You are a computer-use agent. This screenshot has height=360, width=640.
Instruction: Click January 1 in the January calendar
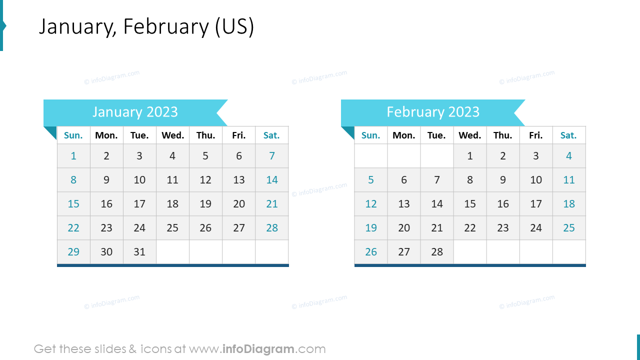73,156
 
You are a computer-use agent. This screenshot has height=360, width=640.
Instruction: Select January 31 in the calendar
139,252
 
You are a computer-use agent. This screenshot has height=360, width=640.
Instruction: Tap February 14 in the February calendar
437,204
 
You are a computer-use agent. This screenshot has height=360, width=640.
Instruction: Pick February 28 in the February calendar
437,252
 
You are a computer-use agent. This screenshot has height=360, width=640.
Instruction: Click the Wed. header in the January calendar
172,135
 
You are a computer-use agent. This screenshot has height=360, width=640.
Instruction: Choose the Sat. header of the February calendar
568,135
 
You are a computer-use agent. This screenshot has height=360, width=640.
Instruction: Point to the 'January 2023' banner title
135,112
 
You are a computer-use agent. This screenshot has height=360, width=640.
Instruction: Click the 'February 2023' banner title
433,112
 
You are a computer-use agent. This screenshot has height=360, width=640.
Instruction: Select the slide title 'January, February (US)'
146,27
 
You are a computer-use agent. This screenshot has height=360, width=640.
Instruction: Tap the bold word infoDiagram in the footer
258,349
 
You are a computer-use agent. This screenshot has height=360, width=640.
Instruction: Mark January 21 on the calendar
272,204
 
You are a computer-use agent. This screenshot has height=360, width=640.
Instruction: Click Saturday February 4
569,156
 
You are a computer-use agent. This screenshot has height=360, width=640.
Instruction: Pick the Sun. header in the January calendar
73,135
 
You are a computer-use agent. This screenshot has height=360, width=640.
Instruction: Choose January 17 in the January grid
139,204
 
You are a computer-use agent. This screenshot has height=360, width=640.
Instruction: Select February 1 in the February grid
470,156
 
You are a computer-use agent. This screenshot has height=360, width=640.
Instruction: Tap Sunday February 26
371,252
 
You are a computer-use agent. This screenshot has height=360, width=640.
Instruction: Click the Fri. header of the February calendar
535,135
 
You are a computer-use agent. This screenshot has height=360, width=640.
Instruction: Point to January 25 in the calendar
172,228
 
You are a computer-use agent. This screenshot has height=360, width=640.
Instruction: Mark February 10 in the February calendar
536,180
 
